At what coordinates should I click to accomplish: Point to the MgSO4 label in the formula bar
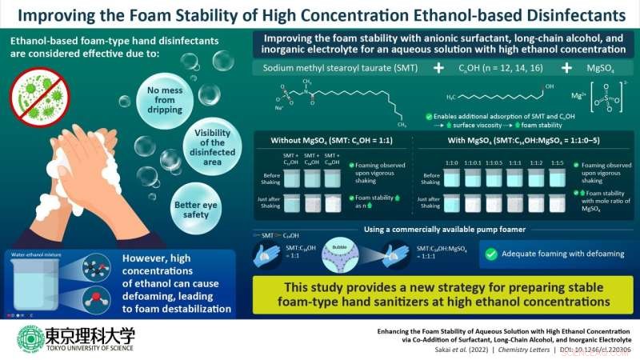click(594, 67)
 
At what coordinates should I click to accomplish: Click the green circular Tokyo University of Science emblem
click(31, 339)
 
